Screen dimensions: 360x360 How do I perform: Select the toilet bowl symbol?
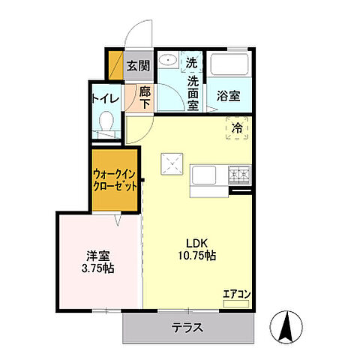click(x=106, y=121)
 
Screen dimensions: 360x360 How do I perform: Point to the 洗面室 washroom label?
click(x=192, y=88)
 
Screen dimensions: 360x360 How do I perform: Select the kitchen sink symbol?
click(x=203, y=176)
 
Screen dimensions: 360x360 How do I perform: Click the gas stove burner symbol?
click(x=240, y=175)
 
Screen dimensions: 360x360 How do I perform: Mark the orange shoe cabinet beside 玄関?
click(x=115, y=65)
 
